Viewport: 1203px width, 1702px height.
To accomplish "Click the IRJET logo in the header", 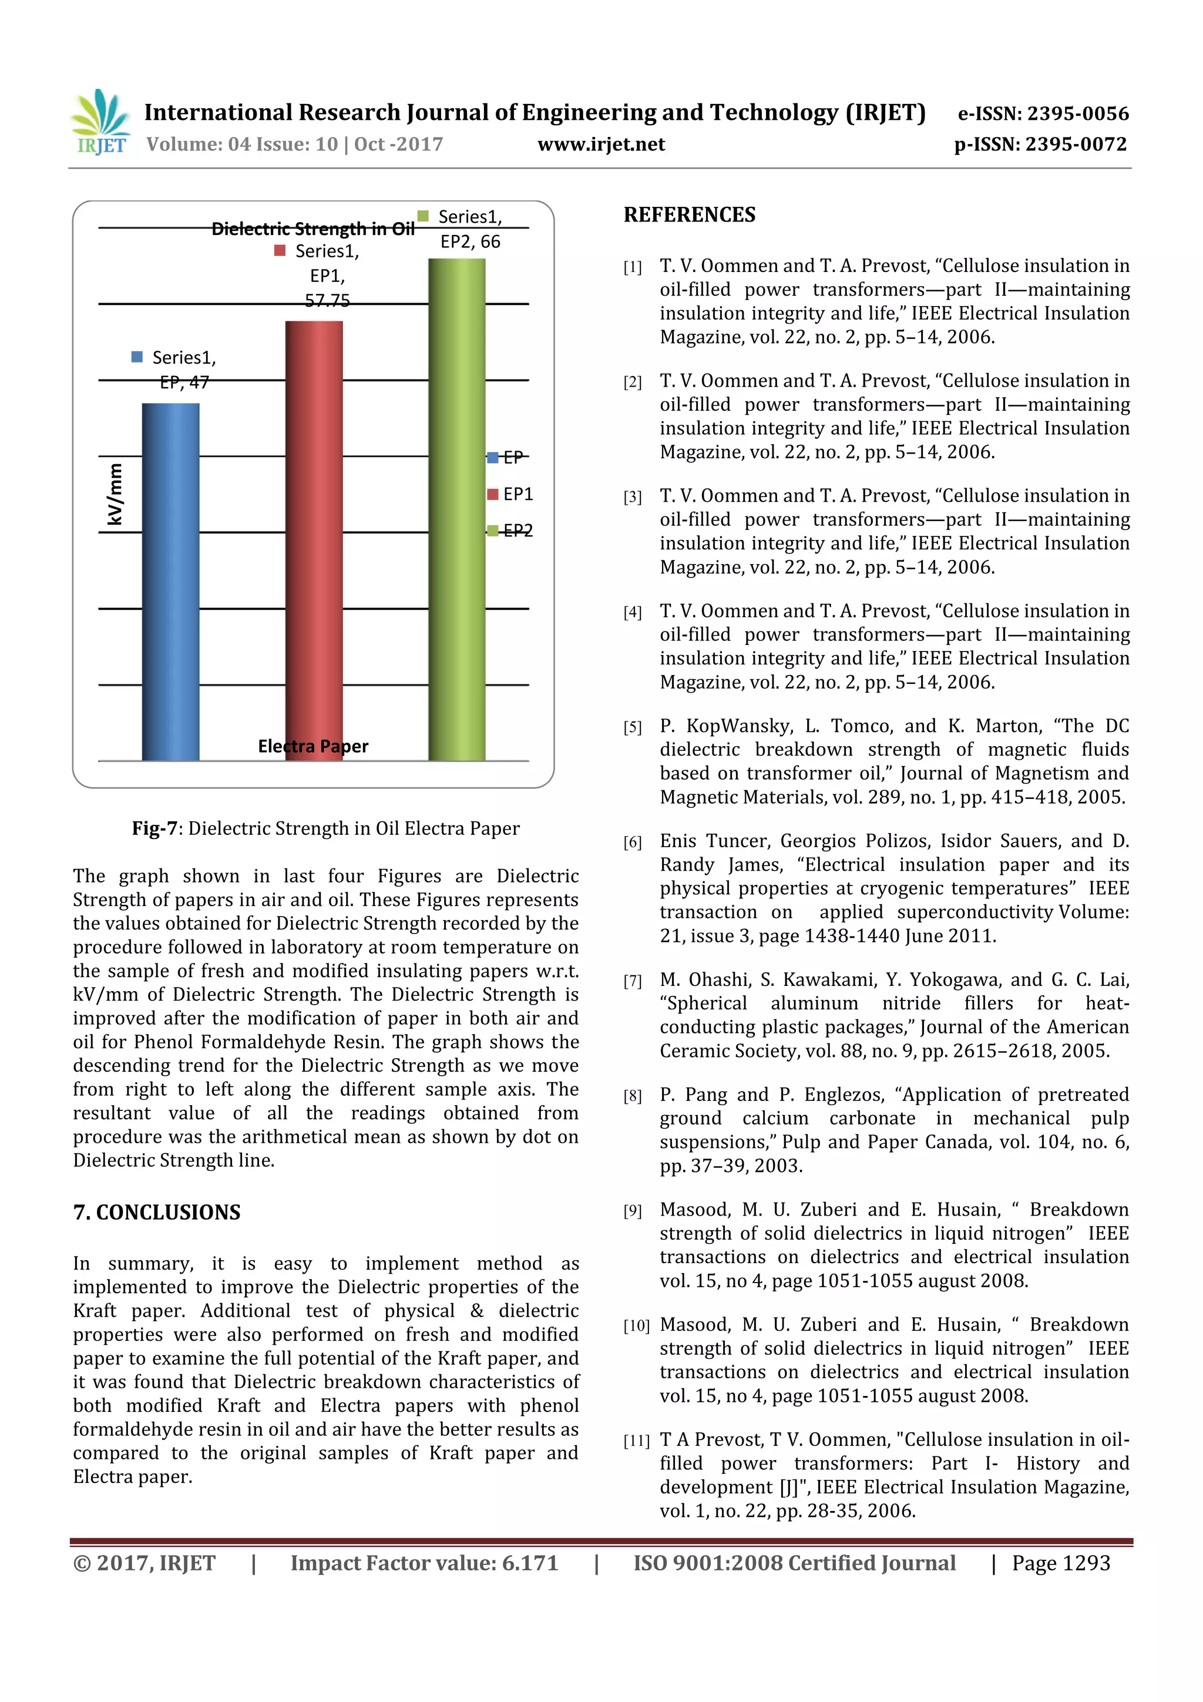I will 100,122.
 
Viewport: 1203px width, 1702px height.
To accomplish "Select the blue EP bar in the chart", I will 170,582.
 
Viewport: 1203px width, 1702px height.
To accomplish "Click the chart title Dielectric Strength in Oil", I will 313,229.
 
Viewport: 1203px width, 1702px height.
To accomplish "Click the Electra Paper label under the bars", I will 313,746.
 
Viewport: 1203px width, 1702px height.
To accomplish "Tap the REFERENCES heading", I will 690,215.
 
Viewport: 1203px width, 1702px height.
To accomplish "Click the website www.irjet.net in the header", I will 601,145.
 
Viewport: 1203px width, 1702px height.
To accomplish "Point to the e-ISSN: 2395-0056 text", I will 1043,113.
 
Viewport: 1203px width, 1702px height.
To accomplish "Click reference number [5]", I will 632,727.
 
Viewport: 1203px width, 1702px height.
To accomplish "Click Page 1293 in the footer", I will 1061,1563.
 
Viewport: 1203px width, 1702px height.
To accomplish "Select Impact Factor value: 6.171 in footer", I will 424,1563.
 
